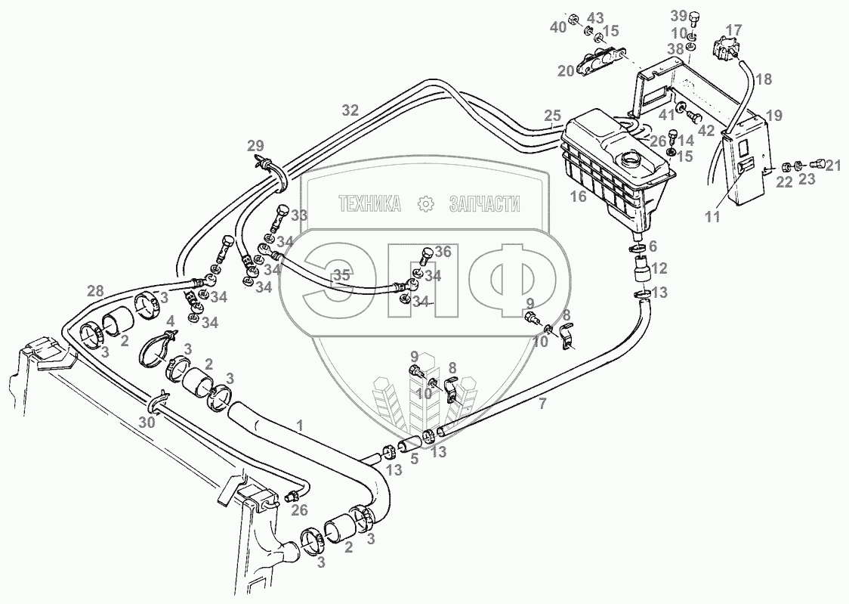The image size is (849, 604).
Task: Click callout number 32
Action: pos(350,110)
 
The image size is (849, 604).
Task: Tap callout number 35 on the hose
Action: pos(341,275)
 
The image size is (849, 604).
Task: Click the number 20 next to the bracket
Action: pos(567,70)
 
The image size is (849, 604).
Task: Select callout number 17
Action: pos(733,30)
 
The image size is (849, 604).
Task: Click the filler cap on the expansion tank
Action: pos(628,160)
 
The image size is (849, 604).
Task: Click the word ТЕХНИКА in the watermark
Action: pos(369,203)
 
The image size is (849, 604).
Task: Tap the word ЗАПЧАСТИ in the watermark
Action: pos(484,203)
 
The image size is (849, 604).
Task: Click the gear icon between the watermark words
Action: pos(426,203)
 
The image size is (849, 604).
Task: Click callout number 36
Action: pos(443,252)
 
